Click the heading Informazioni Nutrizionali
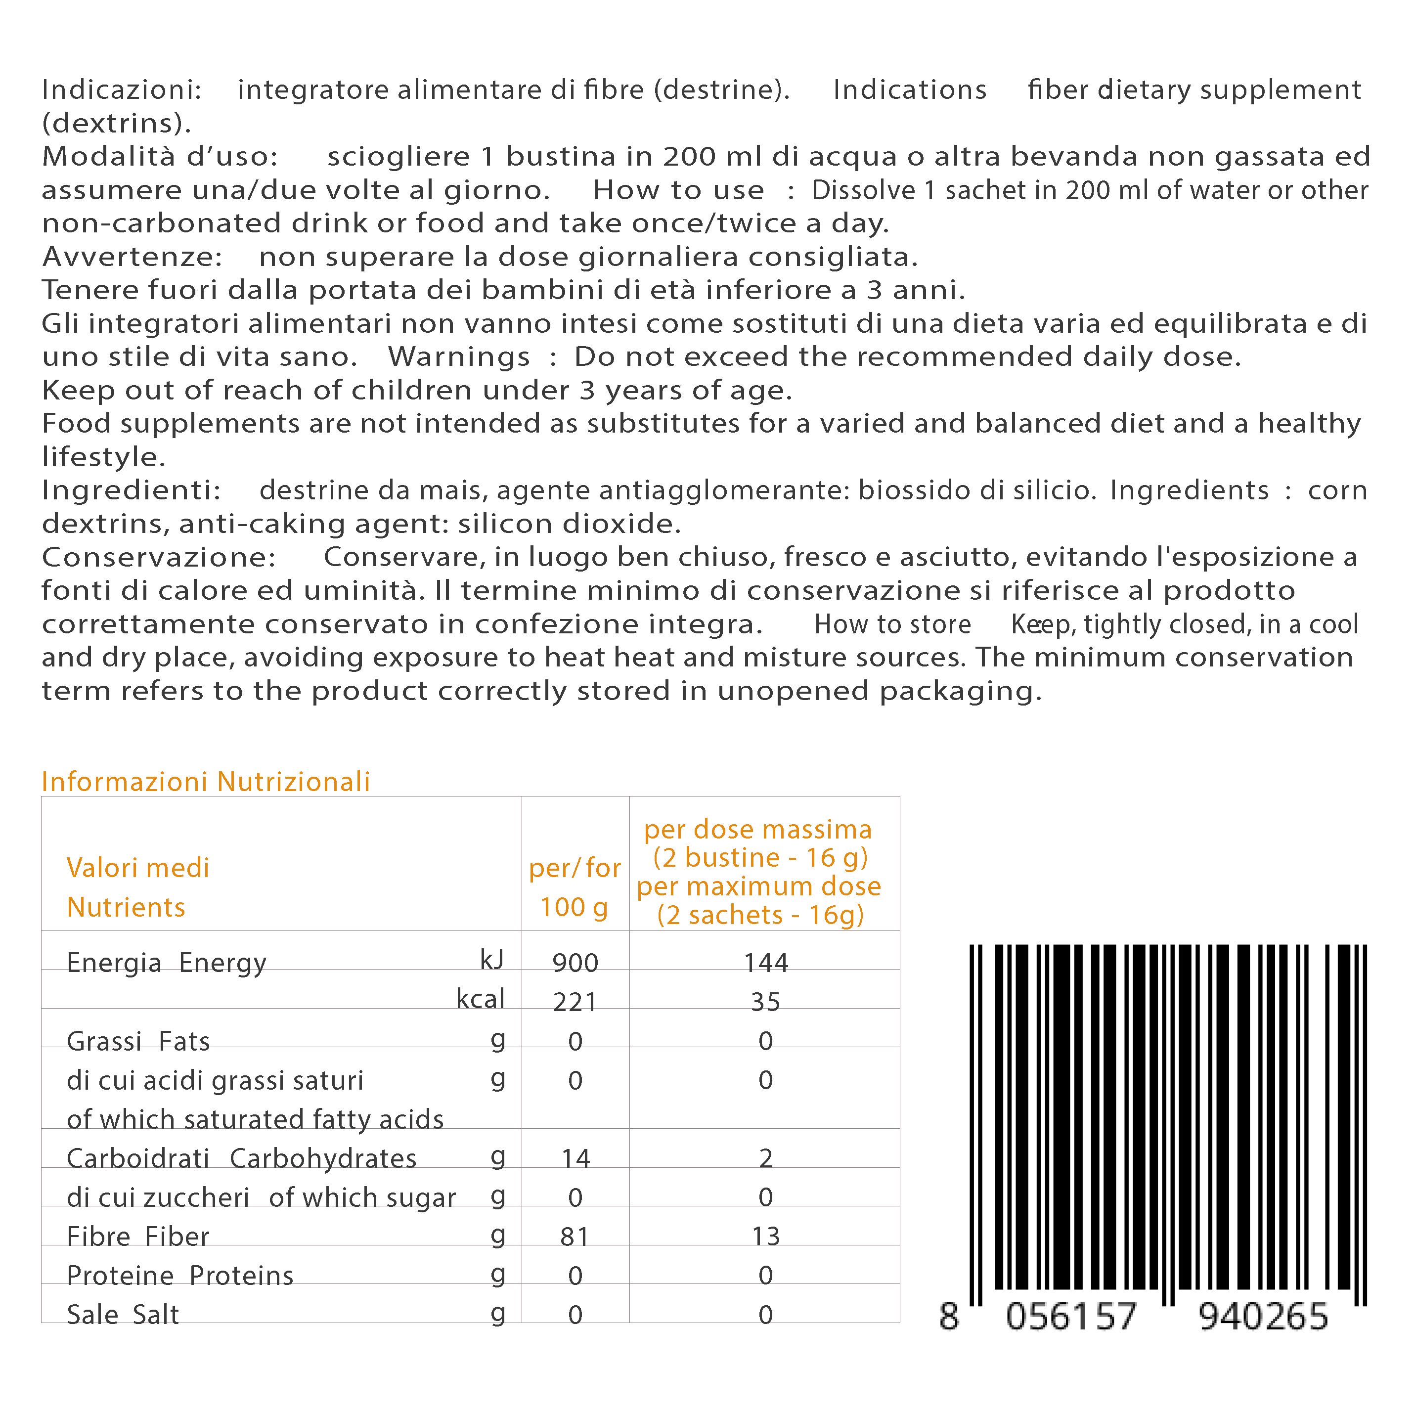coord(206,782)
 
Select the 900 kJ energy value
coord(575,963)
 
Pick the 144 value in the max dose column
coord(765,963)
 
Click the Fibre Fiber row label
coord(137,1237)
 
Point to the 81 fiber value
coord(575,1237)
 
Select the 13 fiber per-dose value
coord(765,1237)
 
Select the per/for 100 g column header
coord(575,887)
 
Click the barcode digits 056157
coord(1071,1317)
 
